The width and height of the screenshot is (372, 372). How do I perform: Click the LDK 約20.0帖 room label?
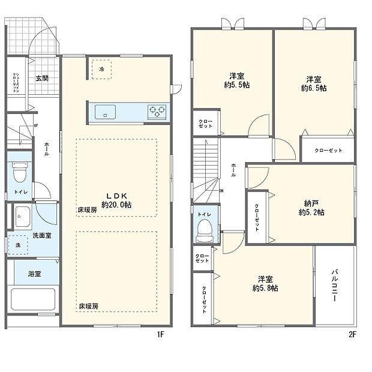pyautogui.click(x=116, y=200)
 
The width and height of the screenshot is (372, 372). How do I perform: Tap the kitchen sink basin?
pyautogui.click(x=106, y=112)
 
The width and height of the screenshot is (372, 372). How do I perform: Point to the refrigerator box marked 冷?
pyautogui.click(x=101, y=69)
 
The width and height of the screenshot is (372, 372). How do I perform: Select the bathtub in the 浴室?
pyautogui.click(x=34, y=298)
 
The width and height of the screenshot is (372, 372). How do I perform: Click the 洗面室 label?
pyautogui.click(x=41, y=235)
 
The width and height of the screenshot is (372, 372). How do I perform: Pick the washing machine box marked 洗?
pyautogui.click(x=18, y=245)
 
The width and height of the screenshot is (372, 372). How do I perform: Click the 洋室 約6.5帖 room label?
pyautogui.click(x=314, y=83)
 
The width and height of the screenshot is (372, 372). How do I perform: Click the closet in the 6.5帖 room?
pyautogui.click(x=328, y=150)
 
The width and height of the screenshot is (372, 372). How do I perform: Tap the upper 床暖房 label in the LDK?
pyautogui.click(x=88, y=211)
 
